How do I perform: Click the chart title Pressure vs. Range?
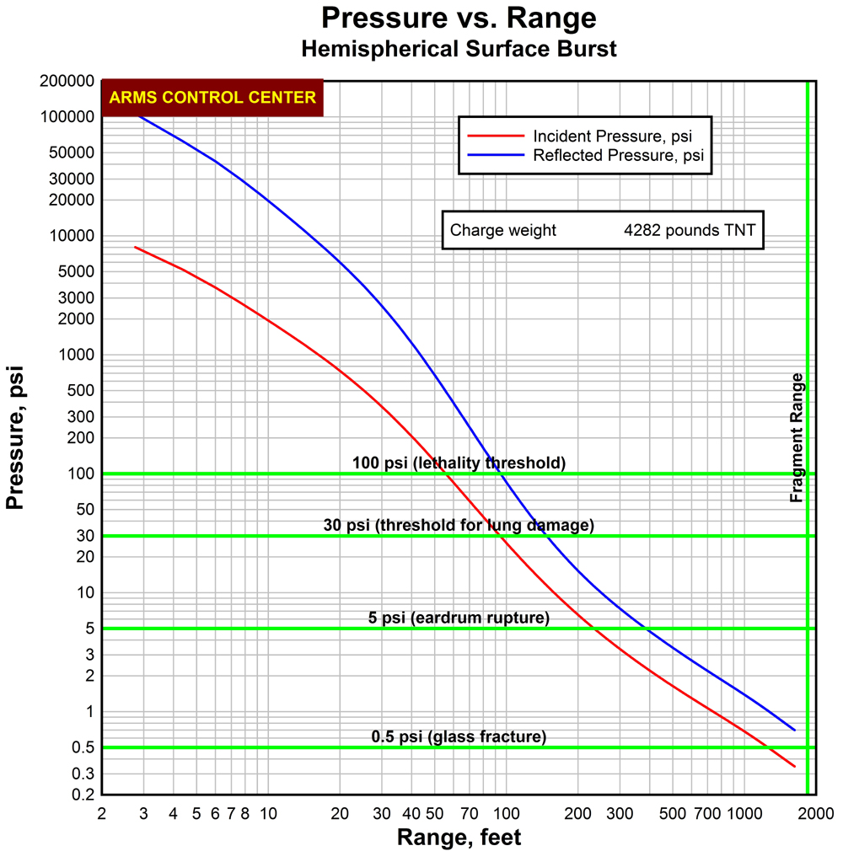(x=459, y=18)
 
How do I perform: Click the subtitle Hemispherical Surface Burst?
(x=459, y=49)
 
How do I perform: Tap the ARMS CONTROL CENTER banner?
(x=212, y=98)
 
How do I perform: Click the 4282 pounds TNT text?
(x=690, y=230)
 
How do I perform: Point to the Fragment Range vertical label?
(x=797, y=438)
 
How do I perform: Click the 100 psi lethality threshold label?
(x=459, y=463)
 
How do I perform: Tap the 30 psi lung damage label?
(x=459, y=525)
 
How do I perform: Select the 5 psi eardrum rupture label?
(x=459, y=618)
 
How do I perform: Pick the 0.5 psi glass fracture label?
(x=459, y=737)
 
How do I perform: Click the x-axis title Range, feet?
(x=459, y=838)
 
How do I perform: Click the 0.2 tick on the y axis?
(x=83, y=795)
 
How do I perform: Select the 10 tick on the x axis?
(x=268, y=814)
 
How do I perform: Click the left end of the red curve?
(x=136, y=248)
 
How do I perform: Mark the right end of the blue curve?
(x=794, y=730)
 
